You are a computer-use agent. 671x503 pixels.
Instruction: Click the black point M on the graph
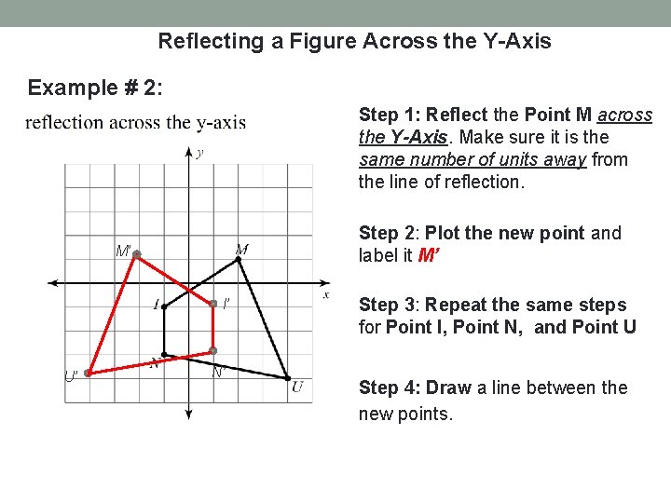239,260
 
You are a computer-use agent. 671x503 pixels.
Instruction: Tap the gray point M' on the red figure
136,254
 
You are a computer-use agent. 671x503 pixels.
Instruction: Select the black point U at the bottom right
288,377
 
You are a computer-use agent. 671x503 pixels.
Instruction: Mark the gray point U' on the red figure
88,373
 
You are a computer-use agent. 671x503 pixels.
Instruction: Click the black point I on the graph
164,303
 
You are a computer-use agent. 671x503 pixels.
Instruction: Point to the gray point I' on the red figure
212,303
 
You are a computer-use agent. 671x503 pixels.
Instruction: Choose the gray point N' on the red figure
212,350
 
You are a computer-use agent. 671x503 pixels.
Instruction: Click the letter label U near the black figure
297,387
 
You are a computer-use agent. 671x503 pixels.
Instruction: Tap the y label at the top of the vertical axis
200,153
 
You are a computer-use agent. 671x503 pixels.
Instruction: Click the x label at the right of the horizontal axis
326,294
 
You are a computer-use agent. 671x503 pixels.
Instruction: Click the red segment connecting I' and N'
212,326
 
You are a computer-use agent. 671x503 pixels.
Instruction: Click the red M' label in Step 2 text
429,256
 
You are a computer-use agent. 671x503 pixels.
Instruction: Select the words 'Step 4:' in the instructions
390,387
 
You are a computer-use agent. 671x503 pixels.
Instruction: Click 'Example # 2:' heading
95,88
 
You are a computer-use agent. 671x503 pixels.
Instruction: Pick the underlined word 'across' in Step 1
624,115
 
